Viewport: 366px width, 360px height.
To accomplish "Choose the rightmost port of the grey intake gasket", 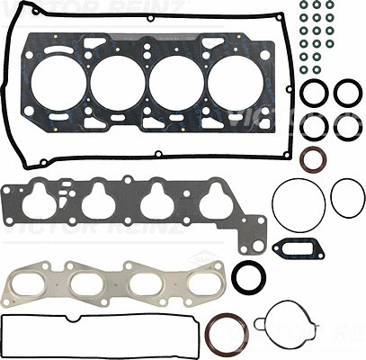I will tap(215, 203).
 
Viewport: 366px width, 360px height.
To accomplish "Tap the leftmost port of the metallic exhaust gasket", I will tap(31, 285).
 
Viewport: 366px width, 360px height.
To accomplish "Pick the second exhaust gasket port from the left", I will tap(85, 285).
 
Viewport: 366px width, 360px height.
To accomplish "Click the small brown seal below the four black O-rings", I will tap(313, 160).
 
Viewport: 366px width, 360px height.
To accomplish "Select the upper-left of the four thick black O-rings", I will tap(314, 92).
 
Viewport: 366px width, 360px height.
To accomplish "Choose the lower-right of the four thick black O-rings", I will tap(347, 127).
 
